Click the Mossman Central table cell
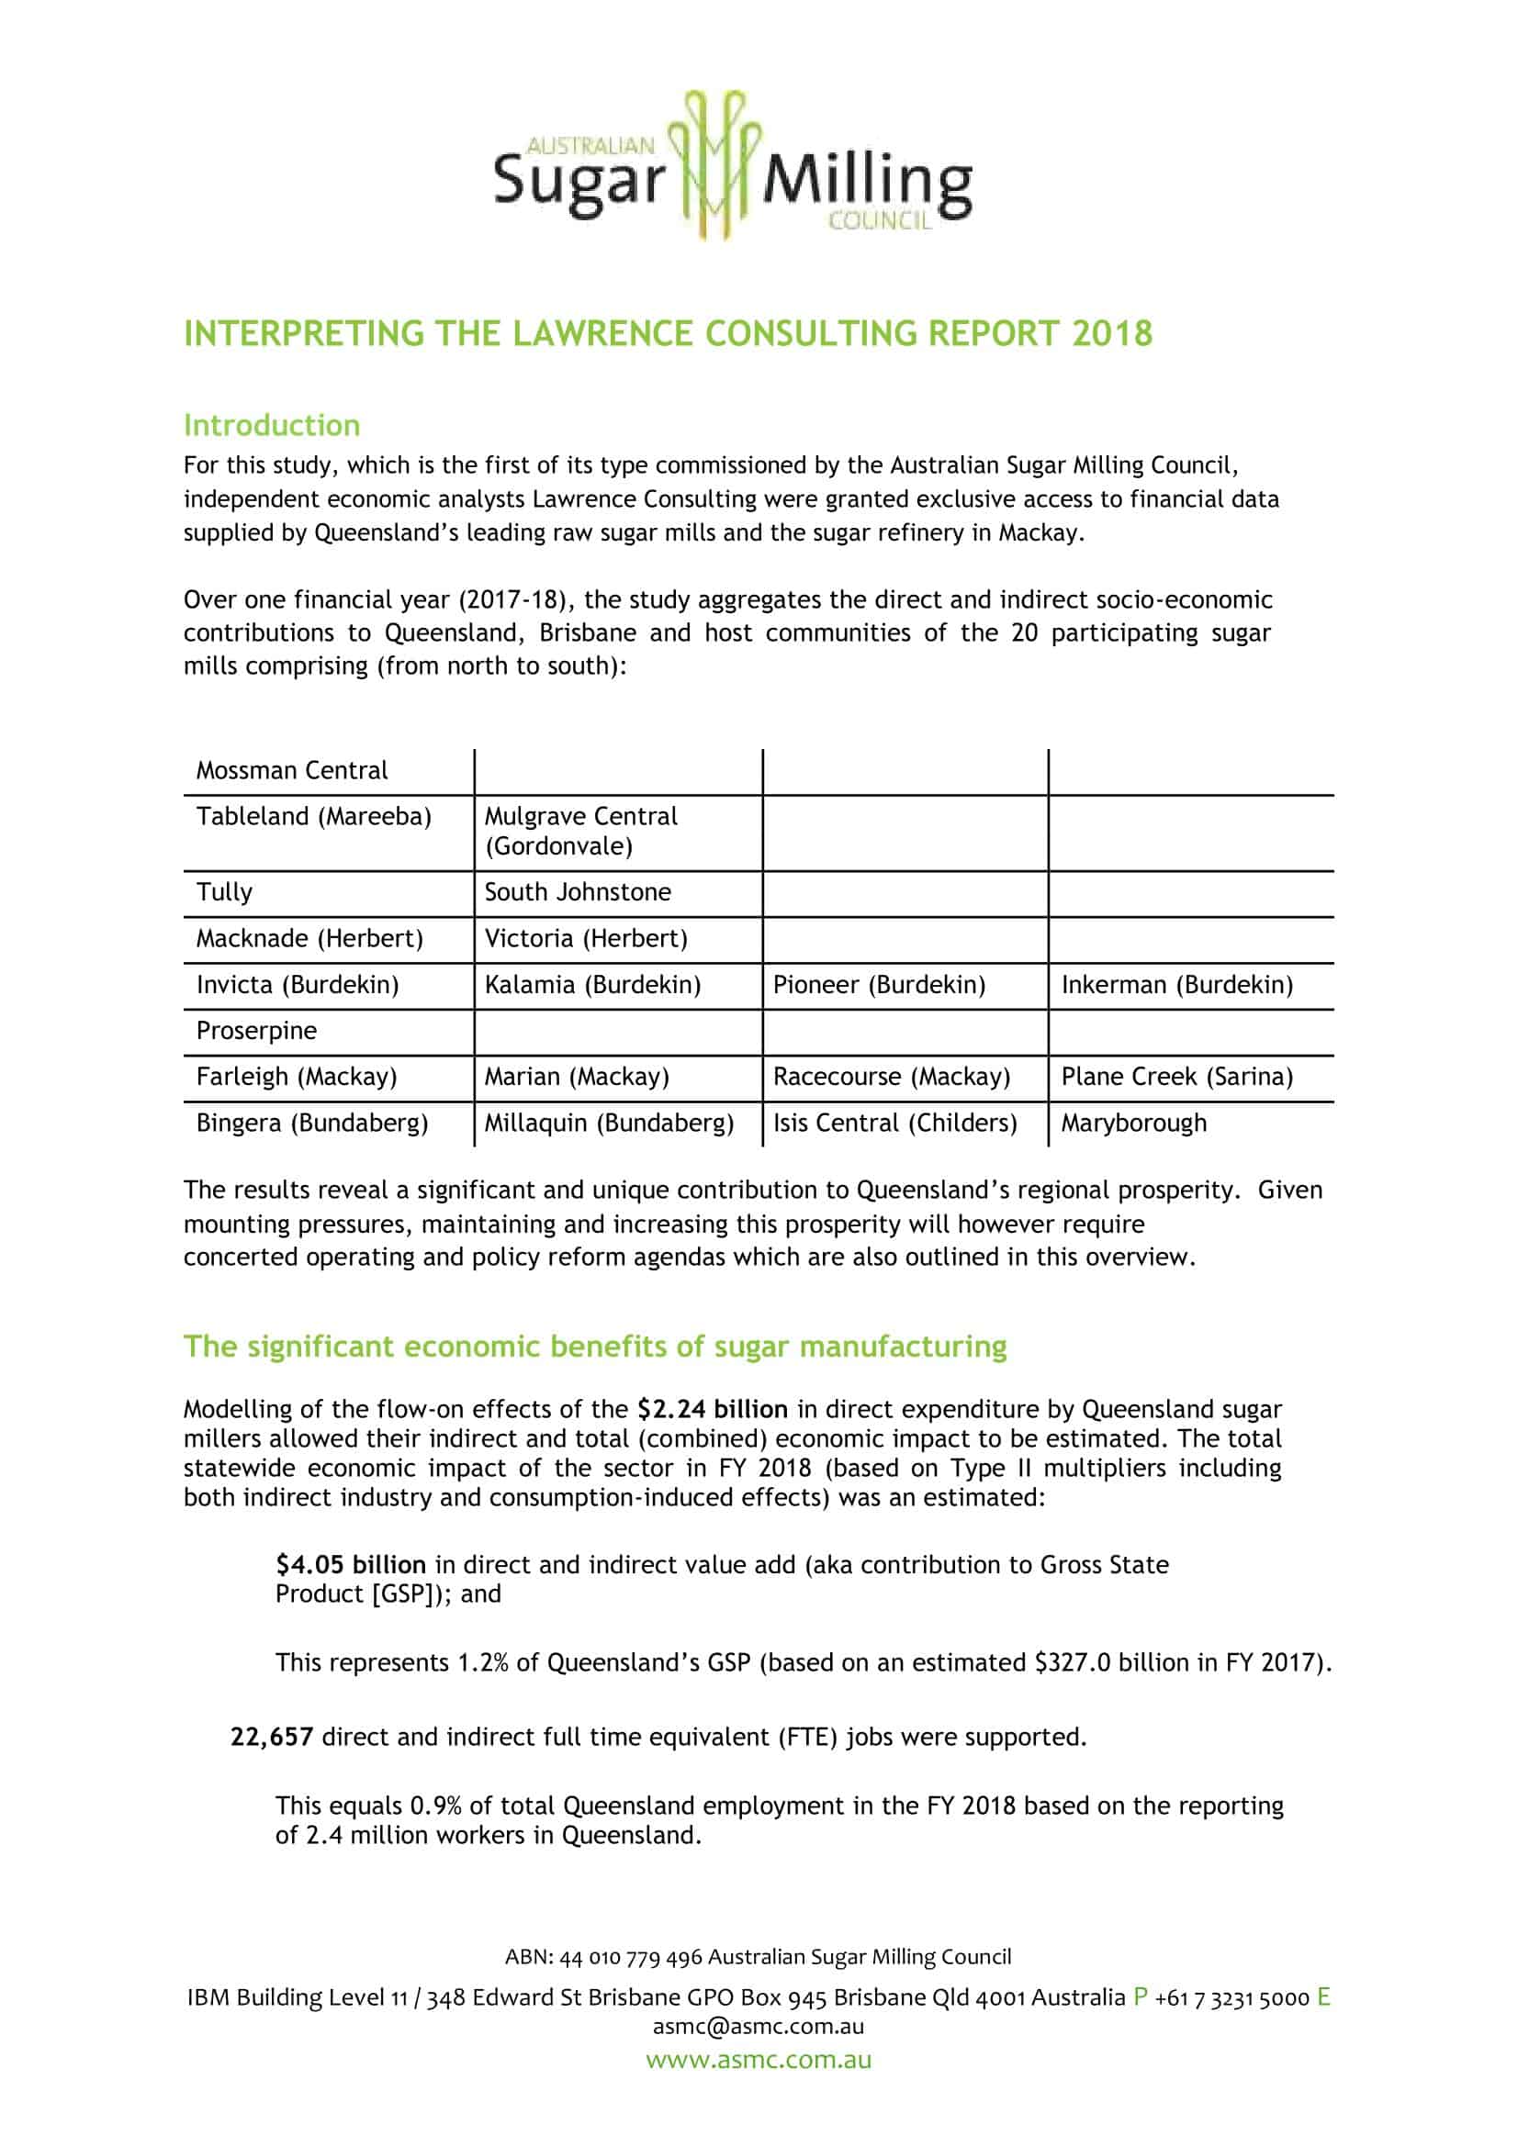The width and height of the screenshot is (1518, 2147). [x=291, y=770]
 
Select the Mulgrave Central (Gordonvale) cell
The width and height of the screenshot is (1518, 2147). [x=579, y=831]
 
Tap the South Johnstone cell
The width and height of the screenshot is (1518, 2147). [x=577, y=892]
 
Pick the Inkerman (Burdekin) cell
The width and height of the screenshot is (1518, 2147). [x=1176, y=985]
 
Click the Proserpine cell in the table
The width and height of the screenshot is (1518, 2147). [x=256, y=1031]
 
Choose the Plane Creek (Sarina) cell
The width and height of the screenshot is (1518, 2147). [x=1176, y=1077]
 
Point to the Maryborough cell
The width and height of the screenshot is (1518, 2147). [x=1132, y=1123]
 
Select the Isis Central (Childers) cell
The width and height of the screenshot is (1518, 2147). [x=894, y=1123]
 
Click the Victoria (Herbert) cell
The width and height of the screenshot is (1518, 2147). [x=586, y=938]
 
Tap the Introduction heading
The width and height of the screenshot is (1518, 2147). [x=271, y=426]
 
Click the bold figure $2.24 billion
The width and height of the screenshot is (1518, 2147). [x=712, y=1408]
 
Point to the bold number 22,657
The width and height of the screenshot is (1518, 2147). [x=271, y=1737]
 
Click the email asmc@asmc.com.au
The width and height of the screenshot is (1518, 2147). [x=759, y=2027]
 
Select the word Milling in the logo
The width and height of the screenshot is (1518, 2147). [x=867, y=183]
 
